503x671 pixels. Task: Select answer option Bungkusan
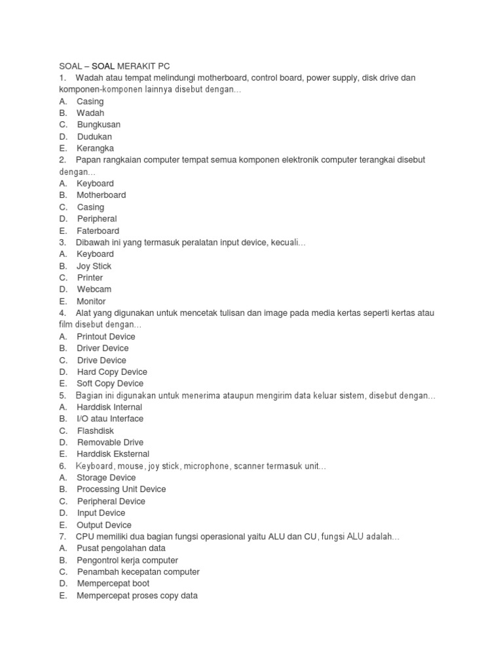tap(99, 125)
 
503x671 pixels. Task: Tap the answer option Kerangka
tap(95, 148)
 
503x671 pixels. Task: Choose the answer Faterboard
tap(98, 231)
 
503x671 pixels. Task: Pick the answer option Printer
tap(90, 278)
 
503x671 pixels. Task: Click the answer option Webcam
tap(94, 289)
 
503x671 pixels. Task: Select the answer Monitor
tap(92, 301)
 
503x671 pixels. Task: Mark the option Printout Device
tap(106, 337)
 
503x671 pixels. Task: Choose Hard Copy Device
tap(112, 372)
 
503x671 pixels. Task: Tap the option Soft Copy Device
tap(110, 383)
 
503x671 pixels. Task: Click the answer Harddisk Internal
tap(109, 407)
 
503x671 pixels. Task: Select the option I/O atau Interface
tap(110, 419)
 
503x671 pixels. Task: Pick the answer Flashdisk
tap(96, 431)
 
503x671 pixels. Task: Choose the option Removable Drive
tap(110, 442)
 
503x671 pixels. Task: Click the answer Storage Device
tap(106, 478)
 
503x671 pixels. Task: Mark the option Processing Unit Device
tap(121, 489)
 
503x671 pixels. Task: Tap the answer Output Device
tap(104, 525)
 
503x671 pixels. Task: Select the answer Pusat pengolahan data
tap(121, 548)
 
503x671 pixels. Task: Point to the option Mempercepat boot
tap(113, 583)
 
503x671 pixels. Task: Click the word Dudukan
tap(95, 136)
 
